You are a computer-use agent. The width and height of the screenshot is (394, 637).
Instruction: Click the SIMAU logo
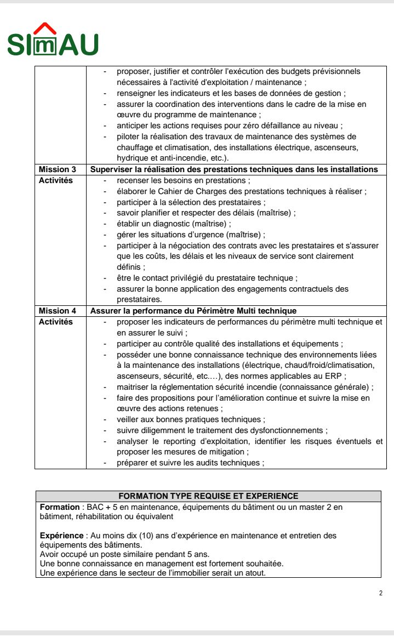click(53, 41)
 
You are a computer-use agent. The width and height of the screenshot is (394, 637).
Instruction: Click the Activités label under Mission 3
click(56, 180)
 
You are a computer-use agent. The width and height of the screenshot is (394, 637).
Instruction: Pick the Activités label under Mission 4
click(56, 322)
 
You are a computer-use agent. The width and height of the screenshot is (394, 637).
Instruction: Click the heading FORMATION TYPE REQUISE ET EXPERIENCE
click(208, 496)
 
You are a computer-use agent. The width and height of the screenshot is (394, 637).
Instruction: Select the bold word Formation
click(59, 507)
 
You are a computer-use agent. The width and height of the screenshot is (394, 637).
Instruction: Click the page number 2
click(380, 593)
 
